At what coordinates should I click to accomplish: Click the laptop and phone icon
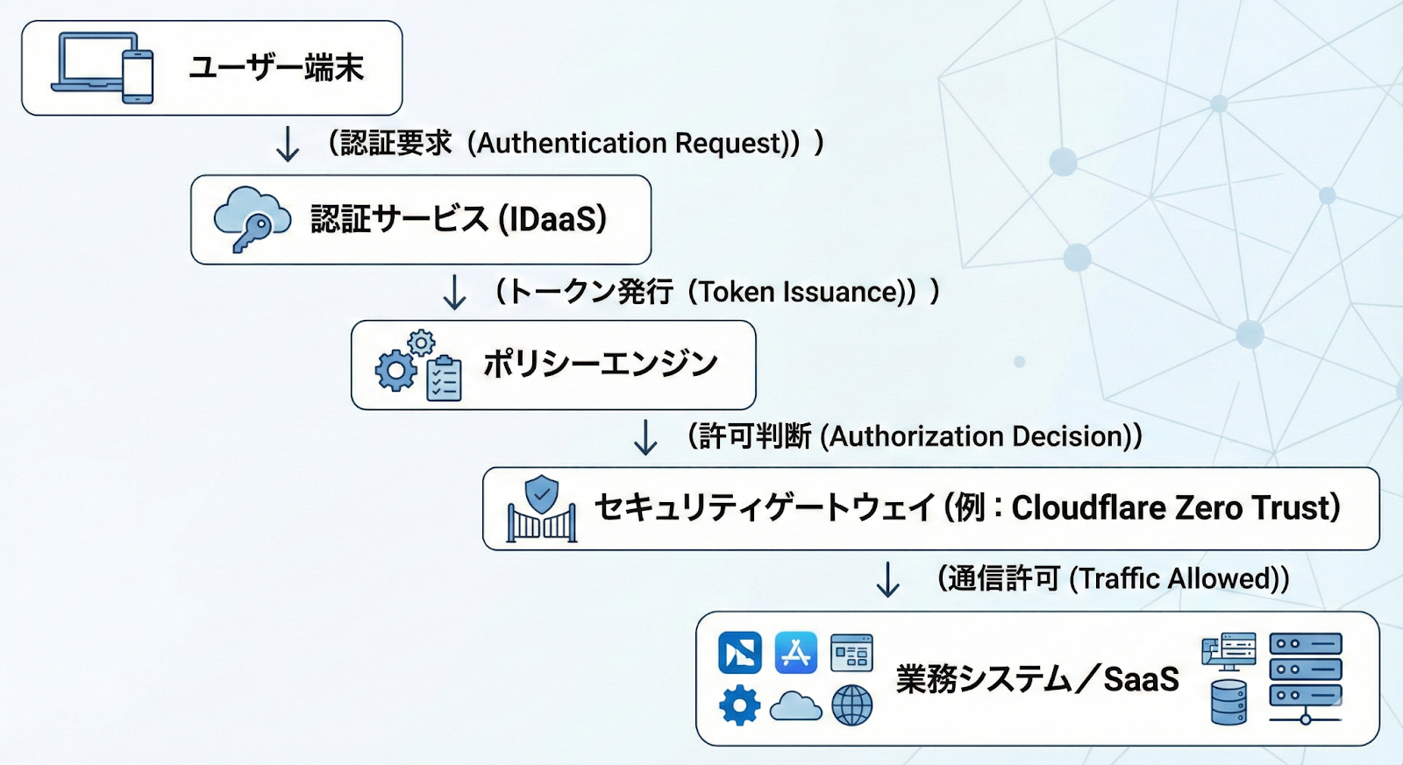(103, 67)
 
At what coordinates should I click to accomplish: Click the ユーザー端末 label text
(275, 67)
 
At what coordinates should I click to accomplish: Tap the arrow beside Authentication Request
(288, 145)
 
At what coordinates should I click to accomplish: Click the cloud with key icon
(252, 219)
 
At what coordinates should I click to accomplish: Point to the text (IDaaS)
(552, 219)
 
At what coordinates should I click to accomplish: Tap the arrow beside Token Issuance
(454, 293)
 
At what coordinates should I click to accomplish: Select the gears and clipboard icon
(418, 366)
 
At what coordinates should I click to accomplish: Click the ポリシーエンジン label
(601, 364)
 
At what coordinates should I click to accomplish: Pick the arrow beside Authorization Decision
(645, 437)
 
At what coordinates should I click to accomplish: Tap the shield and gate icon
(542, 509)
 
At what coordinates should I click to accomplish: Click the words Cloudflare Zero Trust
(1175, 508)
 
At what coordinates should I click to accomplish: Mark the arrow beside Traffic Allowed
(888, 579)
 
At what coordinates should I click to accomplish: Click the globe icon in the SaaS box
(851, 705)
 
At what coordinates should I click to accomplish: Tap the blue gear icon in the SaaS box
(740, 705)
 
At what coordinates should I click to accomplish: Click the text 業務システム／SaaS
(1036, 679)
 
